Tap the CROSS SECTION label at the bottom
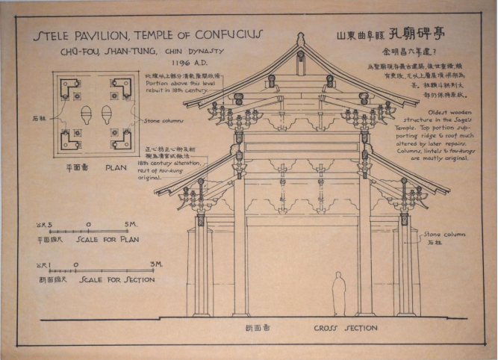click(345, 328)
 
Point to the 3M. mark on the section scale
click(156, 264)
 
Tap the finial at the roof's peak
click(301, 39)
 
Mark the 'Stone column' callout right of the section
click(444, 234)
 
